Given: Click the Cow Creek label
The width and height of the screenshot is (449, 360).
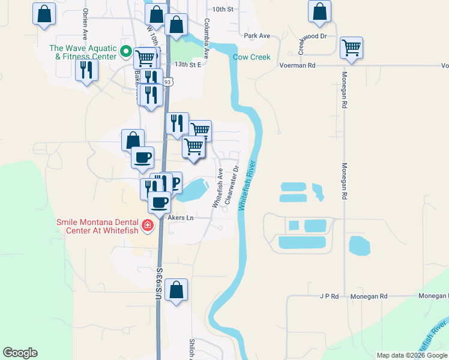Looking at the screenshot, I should pos(252,58).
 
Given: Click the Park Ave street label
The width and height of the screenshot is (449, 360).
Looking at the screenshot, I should pos(257,36).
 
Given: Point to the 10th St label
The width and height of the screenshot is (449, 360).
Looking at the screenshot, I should pos(222,10).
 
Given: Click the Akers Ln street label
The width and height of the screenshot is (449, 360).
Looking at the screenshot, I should pos(181,217).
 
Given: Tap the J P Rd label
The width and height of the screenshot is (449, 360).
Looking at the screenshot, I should pos(330,296).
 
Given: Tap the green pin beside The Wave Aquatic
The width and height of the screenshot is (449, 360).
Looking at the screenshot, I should pos(126,52).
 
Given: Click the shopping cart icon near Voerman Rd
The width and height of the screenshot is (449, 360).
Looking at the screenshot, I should pos(351,47).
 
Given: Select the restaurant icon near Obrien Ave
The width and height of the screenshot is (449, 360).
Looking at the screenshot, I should pos(87,70).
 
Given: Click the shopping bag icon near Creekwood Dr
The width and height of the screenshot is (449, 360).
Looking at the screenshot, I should pos(319,11).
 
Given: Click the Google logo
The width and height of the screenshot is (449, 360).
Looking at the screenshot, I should pos(20,353).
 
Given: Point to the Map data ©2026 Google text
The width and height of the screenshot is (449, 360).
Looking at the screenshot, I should pos(411,355).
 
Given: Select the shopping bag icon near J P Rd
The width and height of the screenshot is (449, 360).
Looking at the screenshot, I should pos(176,290).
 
